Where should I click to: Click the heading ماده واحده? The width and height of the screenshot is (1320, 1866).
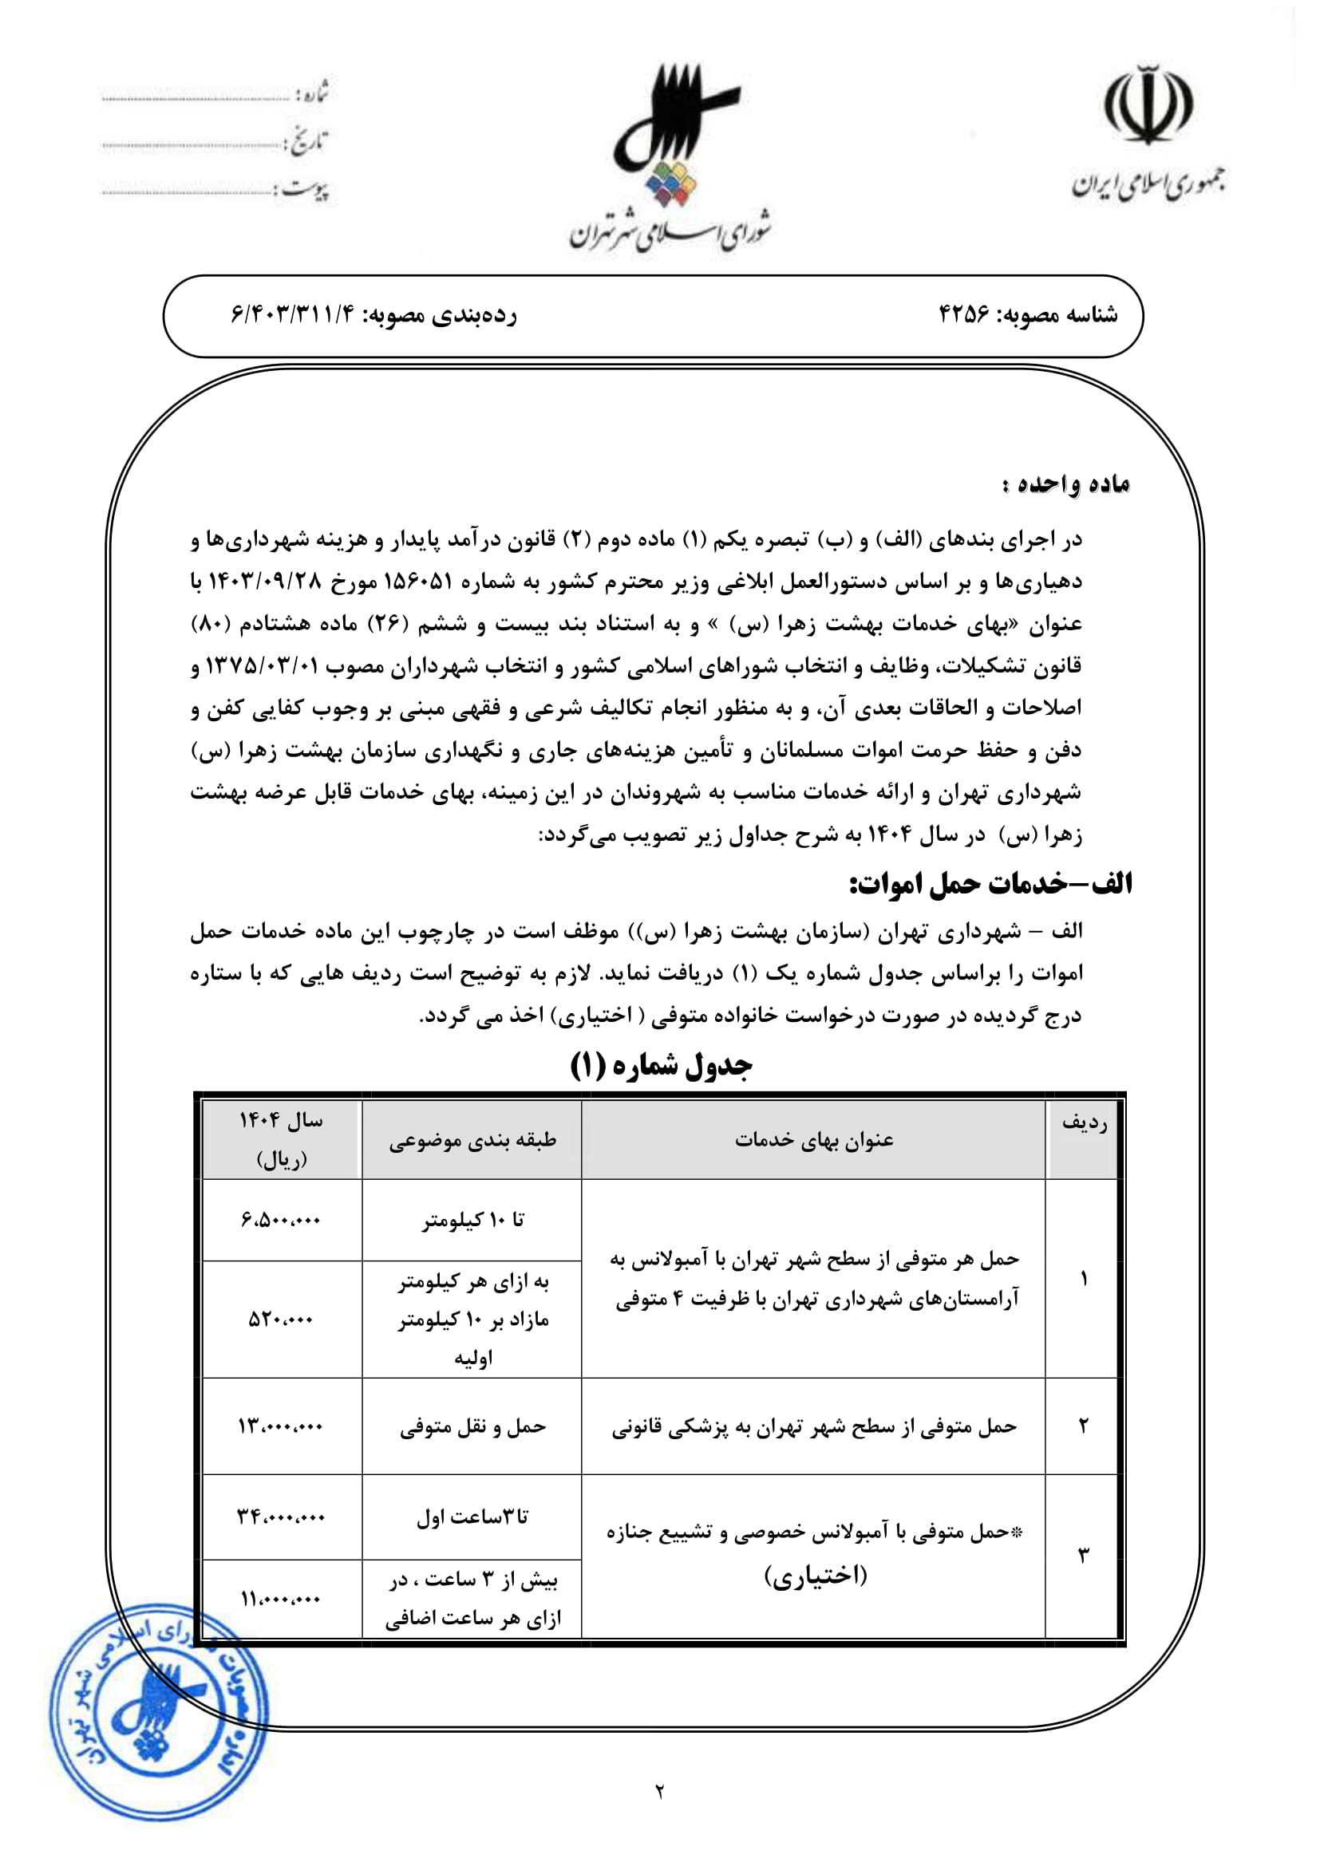(x=1065, y=484)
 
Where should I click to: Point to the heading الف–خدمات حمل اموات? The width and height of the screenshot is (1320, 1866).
(x=990, y=884)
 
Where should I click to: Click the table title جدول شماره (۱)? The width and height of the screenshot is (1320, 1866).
(x=661, y=1066)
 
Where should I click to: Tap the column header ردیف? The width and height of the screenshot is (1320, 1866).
(x=1085, y=1123)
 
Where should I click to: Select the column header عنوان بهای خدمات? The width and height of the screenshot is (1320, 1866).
(x=813, y=1140)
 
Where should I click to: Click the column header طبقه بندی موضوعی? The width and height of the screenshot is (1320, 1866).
(x=472, y=1140)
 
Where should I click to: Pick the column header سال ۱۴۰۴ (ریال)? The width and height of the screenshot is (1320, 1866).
(x=281, y=1139)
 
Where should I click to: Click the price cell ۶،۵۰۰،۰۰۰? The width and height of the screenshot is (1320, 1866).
(x=281, y=1220)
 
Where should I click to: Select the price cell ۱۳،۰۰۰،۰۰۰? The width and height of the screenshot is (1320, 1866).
(x=281, y=1426)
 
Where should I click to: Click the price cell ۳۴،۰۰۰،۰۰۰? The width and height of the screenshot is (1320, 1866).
(x=281, y=1517)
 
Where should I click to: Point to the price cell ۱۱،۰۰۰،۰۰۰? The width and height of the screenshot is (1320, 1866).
(x=281, y=1599)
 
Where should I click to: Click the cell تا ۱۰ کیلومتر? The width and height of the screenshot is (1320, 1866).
(x=472, y=1220)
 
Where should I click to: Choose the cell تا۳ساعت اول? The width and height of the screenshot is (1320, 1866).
(x=472, y=1517)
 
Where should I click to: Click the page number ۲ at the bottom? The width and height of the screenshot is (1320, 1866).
(x=659, y=1790)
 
